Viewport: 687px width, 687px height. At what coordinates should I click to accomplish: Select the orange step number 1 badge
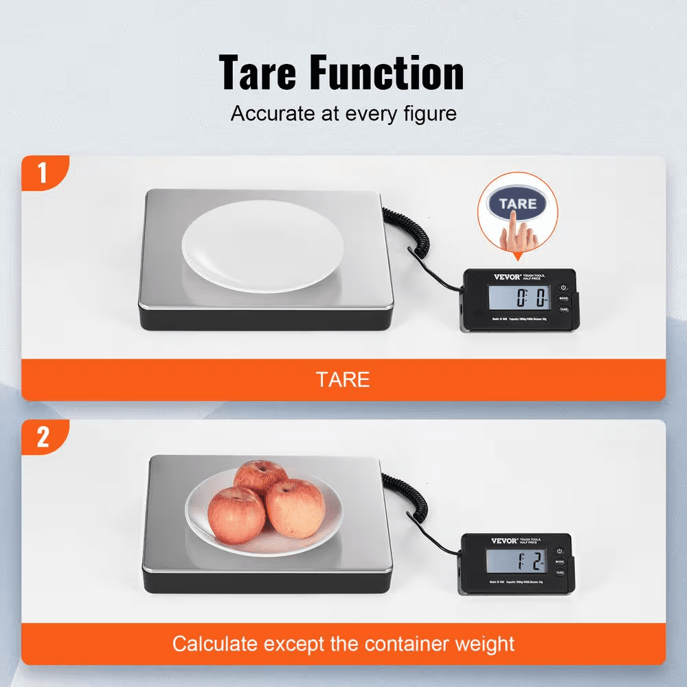43,173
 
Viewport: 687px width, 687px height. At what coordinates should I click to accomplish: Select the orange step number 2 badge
43,437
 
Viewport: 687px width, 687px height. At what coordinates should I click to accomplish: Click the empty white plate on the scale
262,245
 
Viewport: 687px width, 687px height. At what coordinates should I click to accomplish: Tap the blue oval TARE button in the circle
517,204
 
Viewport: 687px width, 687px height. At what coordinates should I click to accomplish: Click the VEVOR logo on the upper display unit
488,277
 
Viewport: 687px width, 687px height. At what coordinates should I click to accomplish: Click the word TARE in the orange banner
343,379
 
